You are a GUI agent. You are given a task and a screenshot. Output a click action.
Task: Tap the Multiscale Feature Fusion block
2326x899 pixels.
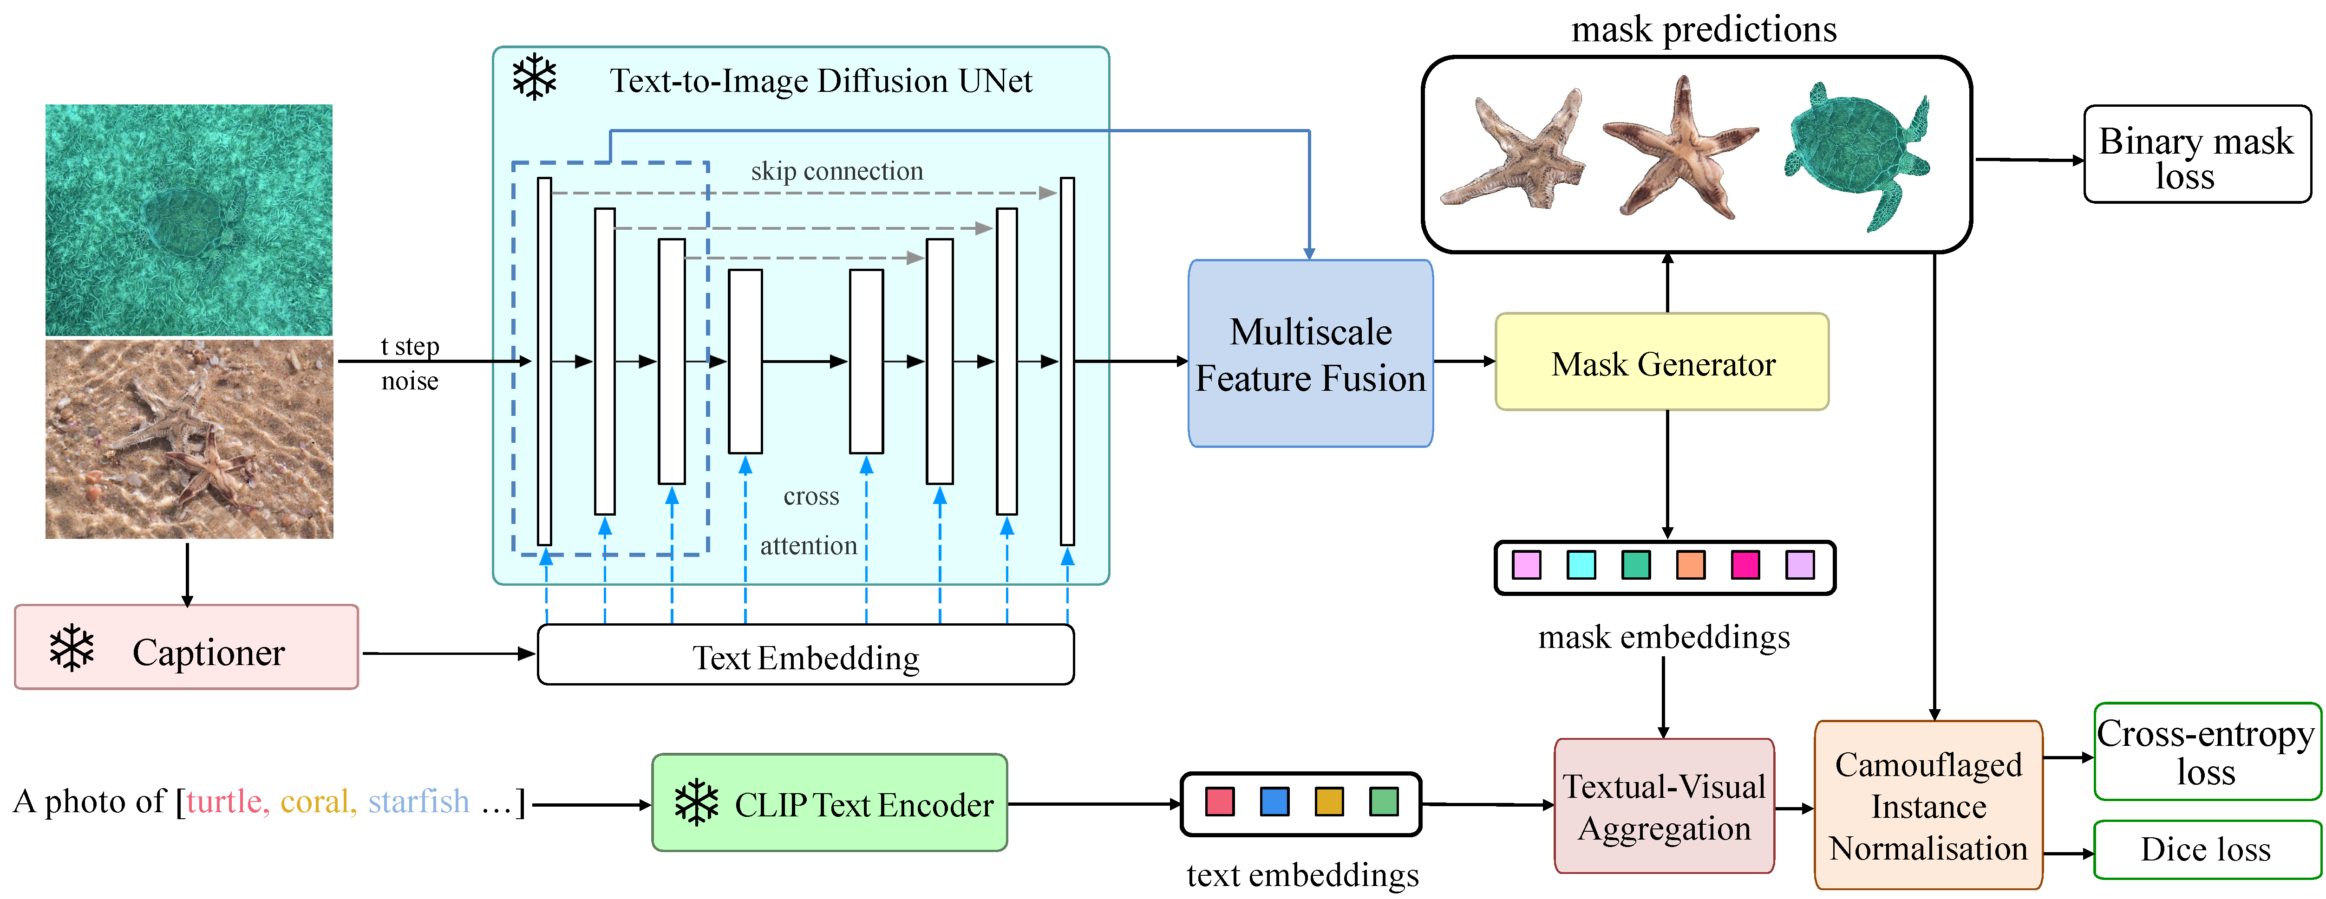[1310, 354]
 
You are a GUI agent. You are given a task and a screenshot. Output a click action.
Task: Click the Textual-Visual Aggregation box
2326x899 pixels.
[1664, 806]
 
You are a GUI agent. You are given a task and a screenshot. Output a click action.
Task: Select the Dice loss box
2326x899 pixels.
[2206, 849]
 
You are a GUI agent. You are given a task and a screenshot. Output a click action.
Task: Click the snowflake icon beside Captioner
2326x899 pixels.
[72, 648]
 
